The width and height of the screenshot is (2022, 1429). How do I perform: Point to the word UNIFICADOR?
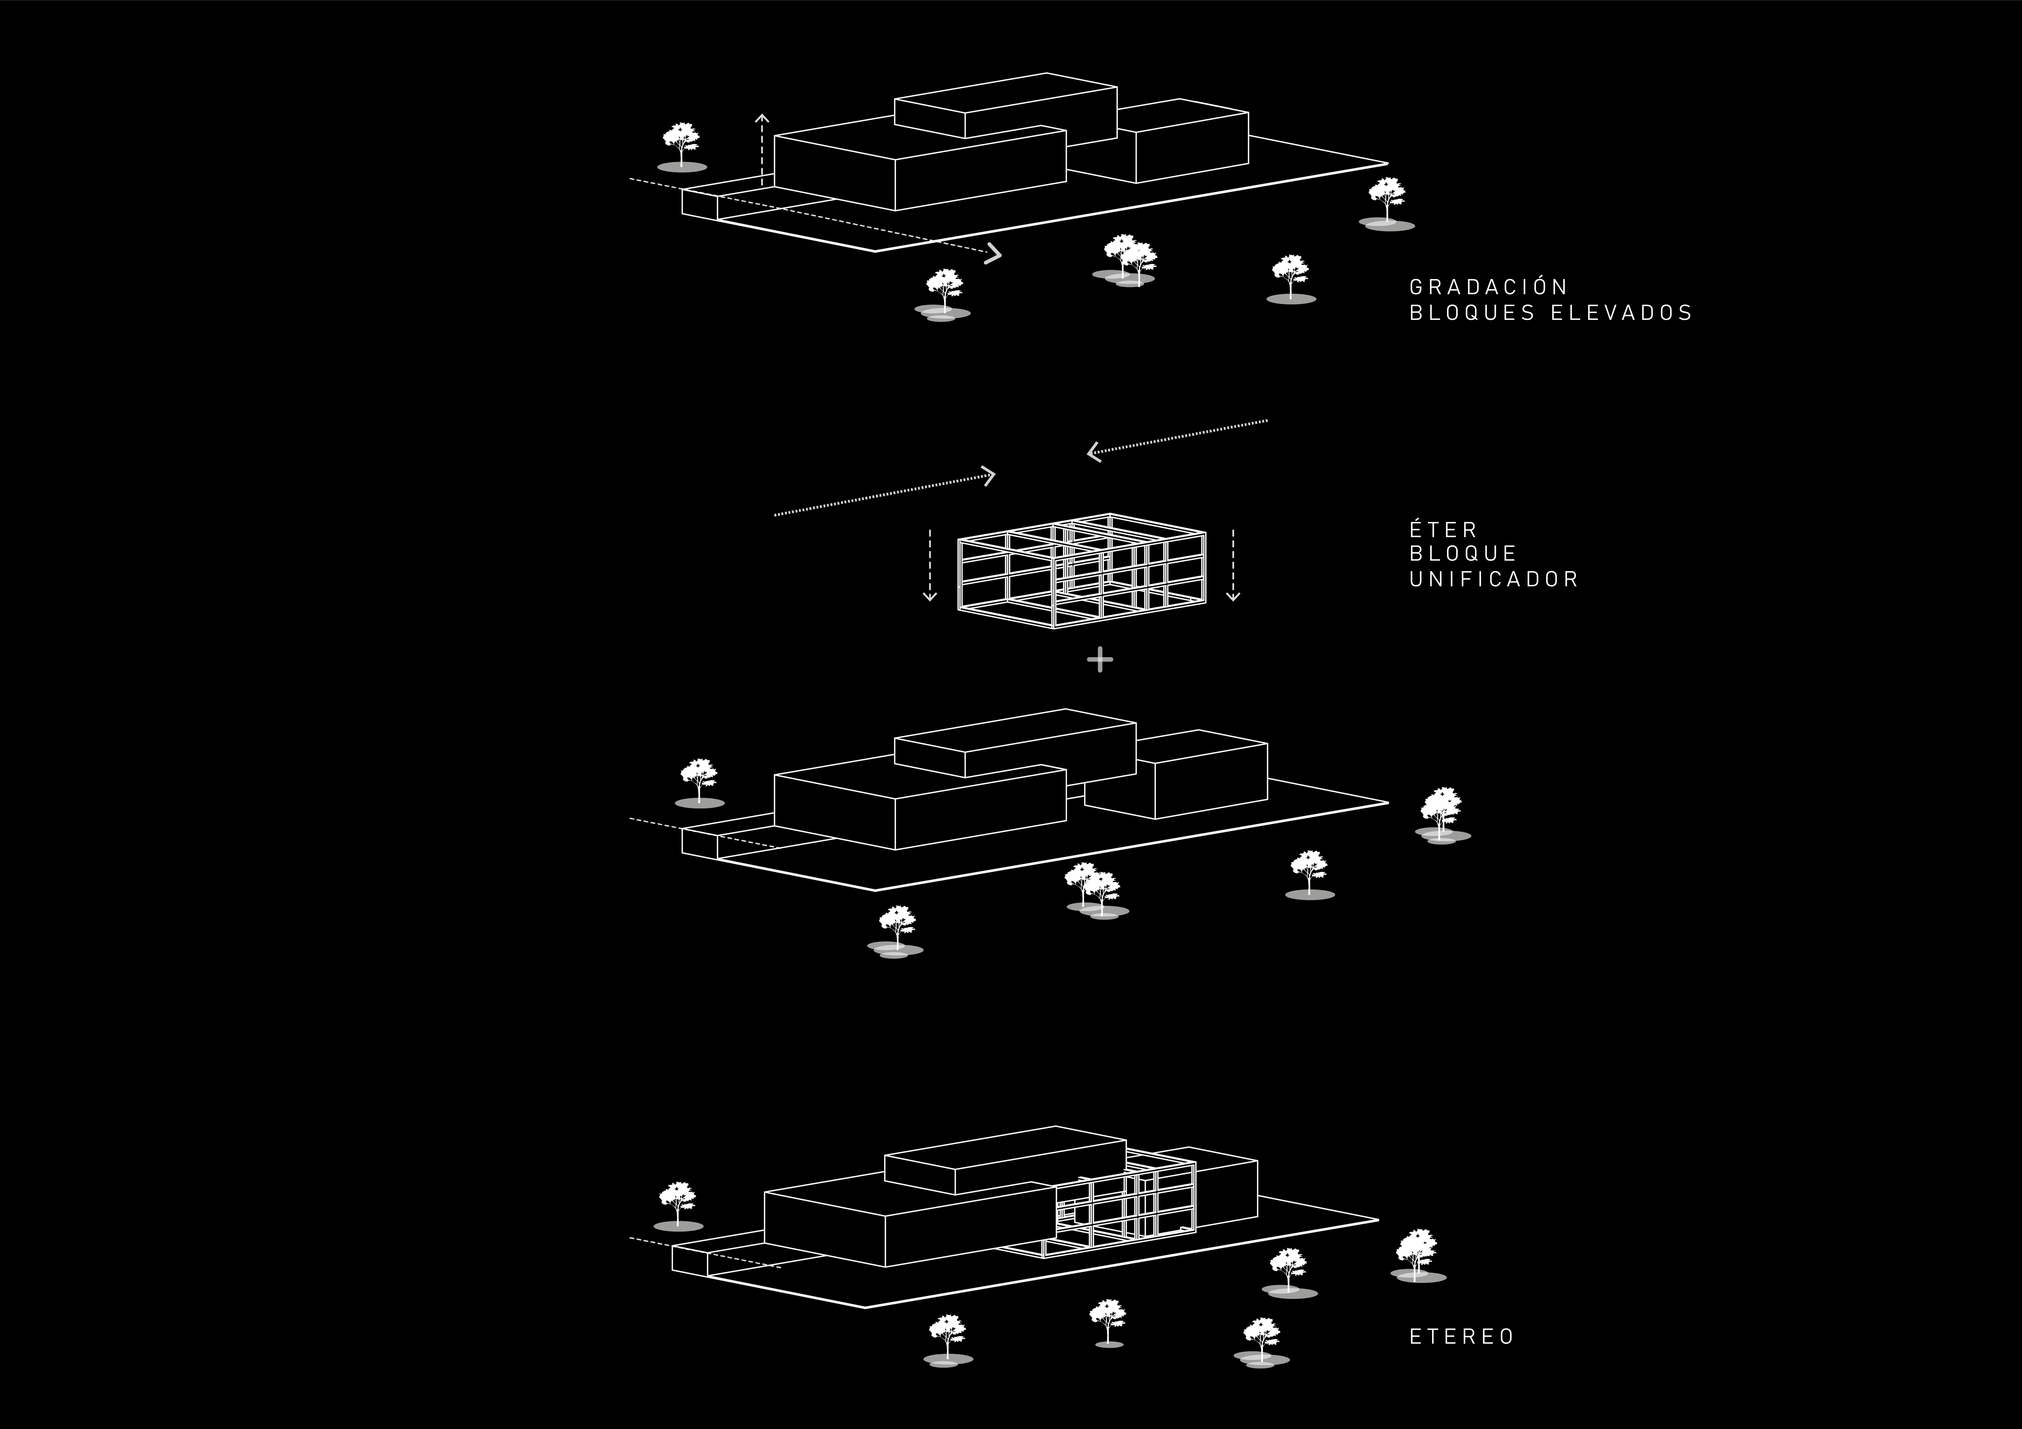coord(1494,579)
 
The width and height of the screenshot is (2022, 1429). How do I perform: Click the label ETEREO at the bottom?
coord(1462,1336)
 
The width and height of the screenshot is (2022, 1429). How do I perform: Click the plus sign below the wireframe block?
coord(1100,659)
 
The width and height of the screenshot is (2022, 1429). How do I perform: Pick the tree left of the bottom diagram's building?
coord(677,1204)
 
